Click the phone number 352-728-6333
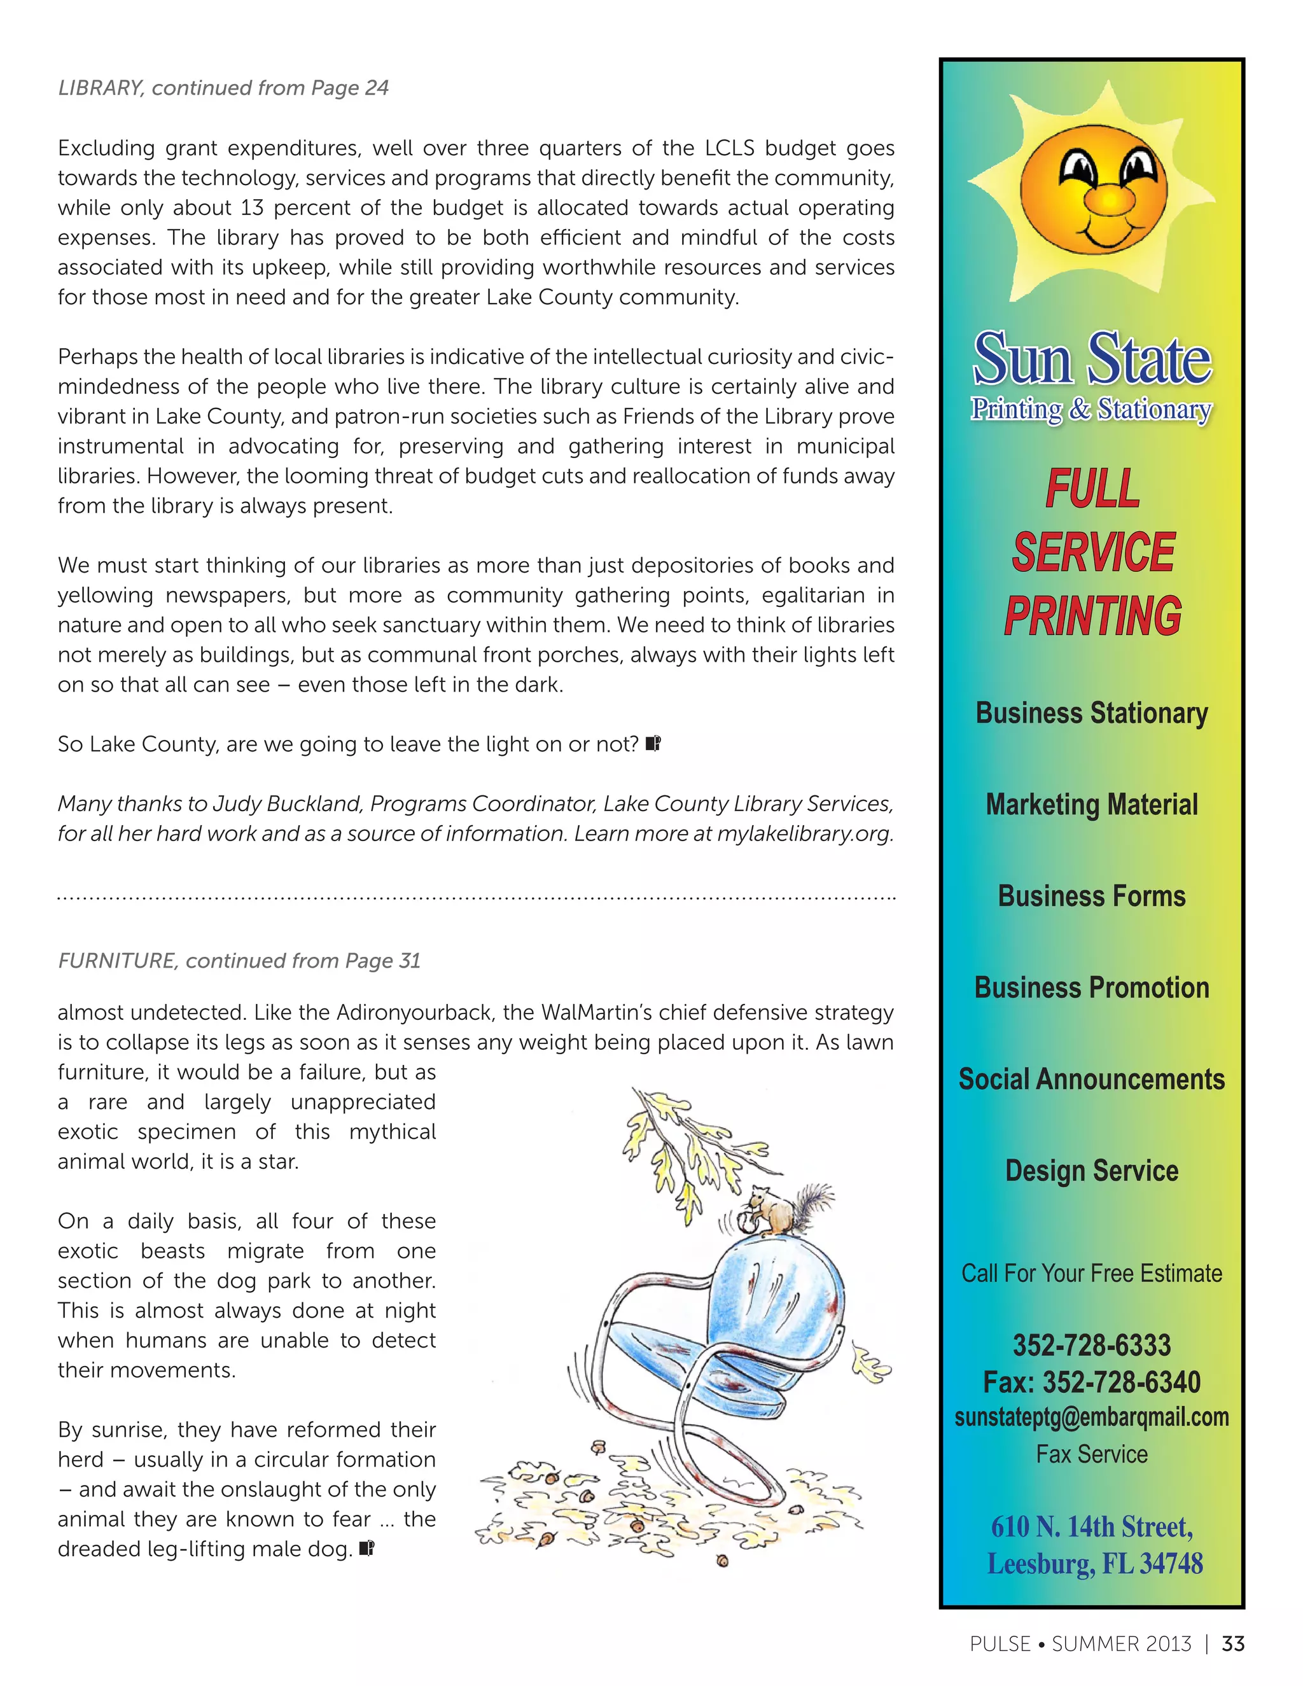coord(1092,1346)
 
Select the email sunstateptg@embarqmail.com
coord(1092,1418)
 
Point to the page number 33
coord(1233,1643)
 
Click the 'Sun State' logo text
coord(1092,359)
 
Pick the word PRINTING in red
coord(1092,616)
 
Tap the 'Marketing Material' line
coord(1092,804)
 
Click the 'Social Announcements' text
coord(1092,1079)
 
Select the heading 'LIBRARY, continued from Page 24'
coord(223,88)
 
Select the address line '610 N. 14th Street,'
coord(1092,1527)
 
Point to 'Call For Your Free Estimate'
coord(1092,1273)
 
